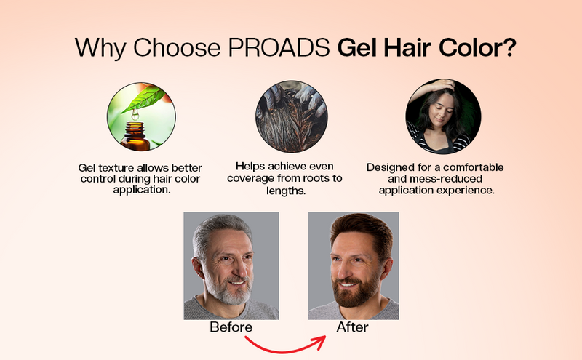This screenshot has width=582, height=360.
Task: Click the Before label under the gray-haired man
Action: pos(231,327)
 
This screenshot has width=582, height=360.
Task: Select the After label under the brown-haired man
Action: pos(352,327)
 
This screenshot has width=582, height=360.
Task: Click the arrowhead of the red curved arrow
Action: pos(319,337)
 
